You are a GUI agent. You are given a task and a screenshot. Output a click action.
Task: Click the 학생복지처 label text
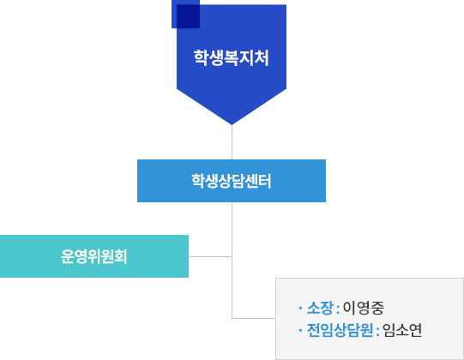click(231, 57)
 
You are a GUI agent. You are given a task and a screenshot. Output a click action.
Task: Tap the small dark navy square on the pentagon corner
click(185, 15)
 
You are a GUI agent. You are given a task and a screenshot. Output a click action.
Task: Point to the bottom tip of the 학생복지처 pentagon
click(232, 124)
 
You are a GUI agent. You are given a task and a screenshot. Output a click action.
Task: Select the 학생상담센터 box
click(232, 181)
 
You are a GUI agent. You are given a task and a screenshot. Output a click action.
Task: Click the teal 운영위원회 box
click(94, 256)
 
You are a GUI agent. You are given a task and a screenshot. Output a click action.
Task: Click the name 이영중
click(364, 308)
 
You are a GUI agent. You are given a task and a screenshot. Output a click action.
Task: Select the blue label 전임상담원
click(340, 330)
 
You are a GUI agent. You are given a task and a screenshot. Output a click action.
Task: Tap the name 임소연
click(402, 330)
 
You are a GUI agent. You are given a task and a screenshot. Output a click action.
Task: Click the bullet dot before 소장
click(300, 308)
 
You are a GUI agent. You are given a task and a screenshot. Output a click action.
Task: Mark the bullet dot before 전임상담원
click(300, 330)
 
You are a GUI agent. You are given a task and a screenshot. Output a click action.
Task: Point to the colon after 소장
click(338, 309)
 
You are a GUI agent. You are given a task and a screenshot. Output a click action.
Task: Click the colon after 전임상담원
click(378, 331)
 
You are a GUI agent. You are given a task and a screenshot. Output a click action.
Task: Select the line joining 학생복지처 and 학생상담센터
click(232, 142)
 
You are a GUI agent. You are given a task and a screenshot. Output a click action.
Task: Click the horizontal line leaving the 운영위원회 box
click(210, 256)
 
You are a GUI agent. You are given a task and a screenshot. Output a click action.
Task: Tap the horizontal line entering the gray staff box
click(254, 318)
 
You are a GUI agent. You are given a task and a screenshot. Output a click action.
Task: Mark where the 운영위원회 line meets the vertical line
click(232, 256)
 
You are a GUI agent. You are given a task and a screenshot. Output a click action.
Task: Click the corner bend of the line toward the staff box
click(232, 318)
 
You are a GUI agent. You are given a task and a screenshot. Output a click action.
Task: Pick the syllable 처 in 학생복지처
click(262, 57)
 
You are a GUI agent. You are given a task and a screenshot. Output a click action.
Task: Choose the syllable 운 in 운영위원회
click(67, 256)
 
